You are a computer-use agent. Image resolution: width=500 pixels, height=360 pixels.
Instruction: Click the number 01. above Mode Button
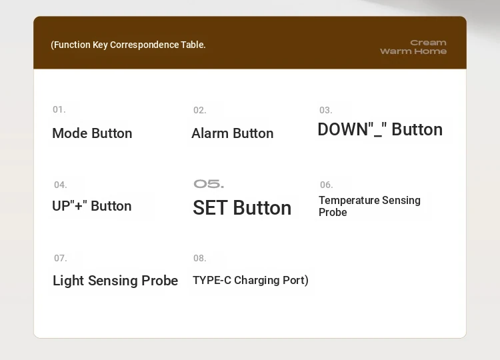pyautogui.click(x=59, y=110)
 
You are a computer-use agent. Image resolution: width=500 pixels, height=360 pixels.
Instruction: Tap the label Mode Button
pyautogui.click(x=92, y=133)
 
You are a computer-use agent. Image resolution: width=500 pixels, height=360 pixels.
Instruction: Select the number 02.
pyautogui.click(x=199, y=110)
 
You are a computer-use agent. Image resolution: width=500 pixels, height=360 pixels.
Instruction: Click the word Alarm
pyautogui.click(x=210, y=133)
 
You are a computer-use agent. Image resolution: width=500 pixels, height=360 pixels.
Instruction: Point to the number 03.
pyautogui.click(x=325, y=110)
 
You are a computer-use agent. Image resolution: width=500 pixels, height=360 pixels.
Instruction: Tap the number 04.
pyautogui.click(x=60, y=185)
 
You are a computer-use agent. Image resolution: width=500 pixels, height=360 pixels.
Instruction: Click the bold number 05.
pyautogui.click(x=209, y=184)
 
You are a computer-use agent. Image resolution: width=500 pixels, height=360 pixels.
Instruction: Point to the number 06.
pyautogui.click(x=326, y=185)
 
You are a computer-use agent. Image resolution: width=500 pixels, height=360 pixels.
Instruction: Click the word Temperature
pyautogui.click(x=349, y=200)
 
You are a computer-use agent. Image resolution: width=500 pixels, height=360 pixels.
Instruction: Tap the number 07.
pyautogui.click(x=60, y=258)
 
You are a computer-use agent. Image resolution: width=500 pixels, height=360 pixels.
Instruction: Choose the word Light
pyautogui.click(x=68, y=281)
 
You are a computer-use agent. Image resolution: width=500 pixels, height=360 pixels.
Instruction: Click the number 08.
pyautogui.click(x=199, y=258)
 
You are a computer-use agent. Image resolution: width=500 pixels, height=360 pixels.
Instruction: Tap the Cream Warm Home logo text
pyautogui.click(x=413, y=47)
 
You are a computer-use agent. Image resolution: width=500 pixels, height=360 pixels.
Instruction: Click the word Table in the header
pyautogui.click(x=193, y=45)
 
